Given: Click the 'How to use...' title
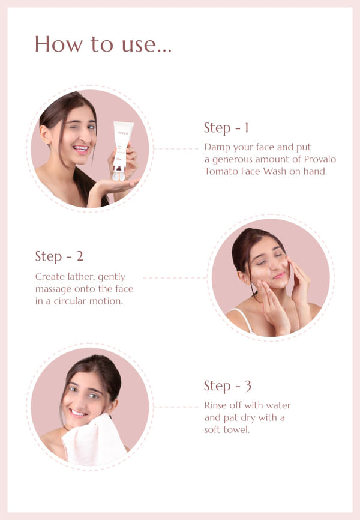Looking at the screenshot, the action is click(103, 44).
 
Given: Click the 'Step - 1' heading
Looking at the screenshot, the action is click(226, 128).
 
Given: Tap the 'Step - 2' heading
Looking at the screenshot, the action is click(59, 256).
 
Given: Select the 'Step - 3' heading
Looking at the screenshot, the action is click(227, 386).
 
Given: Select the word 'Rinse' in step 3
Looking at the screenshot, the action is click(216, 405).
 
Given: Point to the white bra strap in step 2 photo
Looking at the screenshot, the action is click(243, 319).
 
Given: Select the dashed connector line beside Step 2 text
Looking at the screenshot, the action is click(175, 277).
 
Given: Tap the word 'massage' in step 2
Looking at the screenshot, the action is click(53, 289).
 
